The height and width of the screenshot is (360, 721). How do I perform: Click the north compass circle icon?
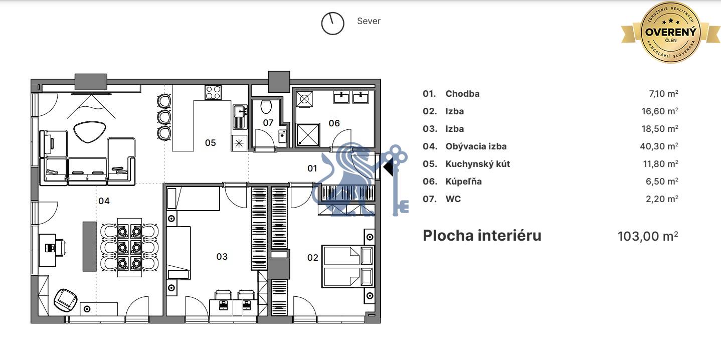pos(332,24)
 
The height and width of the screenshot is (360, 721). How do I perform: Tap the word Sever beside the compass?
pos(369,21)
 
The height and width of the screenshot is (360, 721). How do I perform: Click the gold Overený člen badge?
pos(671,32)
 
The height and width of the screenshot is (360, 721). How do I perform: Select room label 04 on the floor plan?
pos(104,201)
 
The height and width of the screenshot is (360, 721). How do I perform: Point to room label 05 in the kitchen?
pos(211,143)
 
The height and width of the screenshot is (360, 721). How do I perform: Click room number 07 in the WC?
pos(268,123)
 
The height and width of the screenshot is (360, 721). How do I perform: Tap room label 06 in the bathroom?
pos(334,123)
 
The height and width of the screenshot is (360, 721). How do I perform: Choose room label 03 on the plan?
pos(222,257)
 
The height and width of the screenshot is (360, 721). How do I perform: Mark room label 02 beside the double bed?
pos(312,258)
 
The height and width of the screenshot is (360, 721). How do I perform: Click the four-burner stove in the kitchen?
pos(213,93)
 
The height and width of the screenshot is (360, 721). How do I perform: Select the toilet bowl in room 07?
pos(266,107)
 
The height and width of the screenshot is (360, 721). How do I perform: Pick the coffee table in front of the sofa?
pos(89,132)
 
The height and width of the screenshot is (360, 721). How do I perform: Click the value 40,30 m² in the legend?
pos(659,146)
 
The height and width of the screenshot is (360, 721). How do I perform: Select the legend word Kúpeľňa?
pos(463,182)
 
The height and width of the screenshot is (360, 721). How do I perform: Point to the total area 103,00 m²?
pos(648,236)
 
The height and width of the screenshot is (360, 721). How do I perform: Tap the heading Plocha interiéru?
pos(482,236)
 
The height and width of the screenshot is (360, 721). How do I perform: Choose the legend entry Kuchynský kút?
pos(478,164)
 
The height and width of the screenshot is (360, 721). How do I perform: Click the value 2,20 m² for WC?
pos(662,199)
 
